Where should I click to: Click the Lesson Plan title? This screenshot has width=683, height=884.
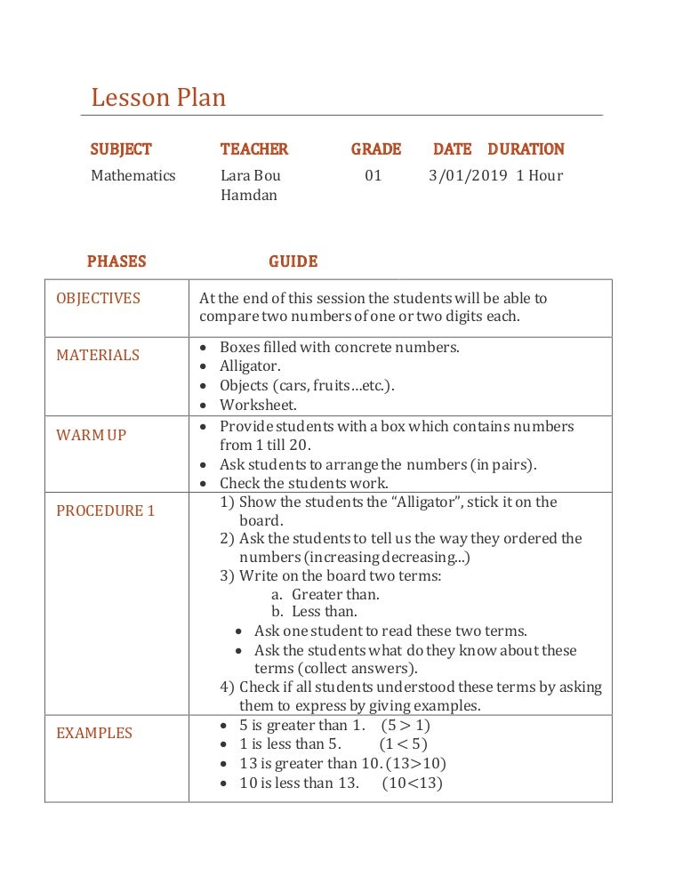click(x=158, y=97)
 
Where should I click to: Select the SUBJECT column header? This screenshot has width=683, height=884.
click(x=121, y=149)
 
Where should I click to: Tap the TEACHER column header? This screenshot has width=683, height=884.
click(x=254, y=149)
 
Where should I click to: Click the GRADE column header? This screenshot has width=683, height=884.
click(x=375, y=149)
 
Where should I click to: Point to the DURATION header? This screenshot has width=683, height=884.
click(x=526, y=149)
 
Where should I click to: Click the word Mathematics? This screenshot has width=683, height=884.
click(x=133, y=175)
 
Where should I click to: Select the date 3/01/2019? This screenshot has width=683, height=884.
click(x=468, y=175)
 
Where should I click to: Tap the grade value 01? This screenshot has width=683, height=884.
click(x=374, y=175)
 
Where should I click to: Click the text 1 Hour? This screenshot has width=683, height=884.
click(x=539, y=175)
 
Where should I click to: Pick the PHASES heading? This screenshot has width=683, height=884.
click(x=117, y=261)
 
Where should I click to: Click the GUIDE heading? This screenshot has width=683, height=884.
click(x=293, y=261)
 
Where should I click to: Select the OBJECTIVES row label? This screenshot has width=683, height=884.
click(x=98, y=298)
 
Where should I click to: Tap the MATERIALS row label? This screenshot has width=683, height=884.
click(x=98, y=355)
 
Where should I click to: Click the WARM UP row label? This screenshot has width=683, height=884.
click(x=92, y=436)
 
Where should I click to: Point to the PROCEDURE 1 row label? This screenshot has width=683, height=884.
click(x=105, y=510)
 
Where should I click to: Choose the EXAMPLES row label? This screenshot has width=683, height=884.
click(x=94, y=733)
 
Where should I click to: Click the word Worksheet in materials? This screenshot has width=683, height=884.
click(x=257, y=406)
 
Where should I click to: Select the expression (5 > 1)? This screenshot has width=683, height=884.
click(x=405, y=725)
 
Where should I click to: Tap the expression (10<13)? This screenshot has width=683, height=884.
click(x=412, y=783)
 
